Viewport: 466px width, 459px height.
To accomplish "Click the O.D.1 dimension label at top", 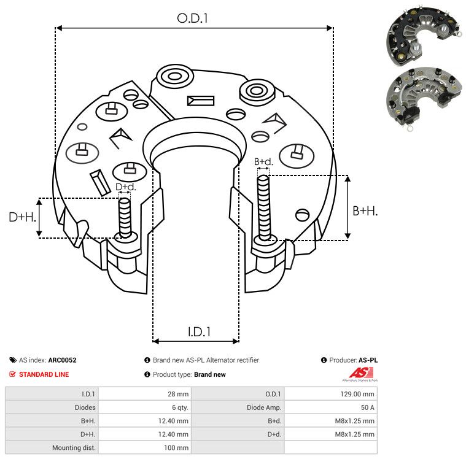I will tap(193, 19).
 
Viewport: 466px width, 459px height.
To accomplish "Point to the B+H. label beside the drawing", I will tap(365, 210).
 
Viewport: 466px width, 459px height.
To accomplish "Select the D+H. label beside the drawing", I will tap(22, 217).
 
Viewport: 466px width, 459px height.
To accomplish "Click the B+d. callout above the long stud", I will tap(263, 162).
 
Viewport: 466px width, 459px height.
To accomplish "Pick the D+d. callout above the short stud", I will tap(125, 187).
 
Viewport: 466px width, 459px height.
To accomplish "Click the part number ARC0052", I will tap(62, 360).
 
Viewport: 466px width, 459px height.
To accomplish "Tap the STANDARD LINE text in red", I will tap(44, 374).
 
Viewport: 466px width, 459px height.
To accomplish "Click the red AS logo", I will tap(359, 372).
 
